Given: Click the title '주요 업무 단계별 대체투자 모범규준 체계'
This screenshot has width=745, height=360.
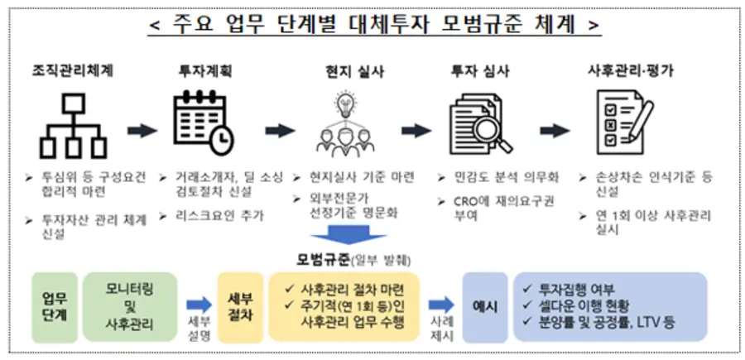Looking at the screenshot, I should [372, 24].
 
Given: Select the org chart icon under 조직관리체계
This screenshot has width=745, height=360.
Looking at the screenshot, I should [73, 127].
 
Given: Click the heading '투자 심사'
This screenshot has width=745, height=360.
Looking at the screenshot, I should [481, 70].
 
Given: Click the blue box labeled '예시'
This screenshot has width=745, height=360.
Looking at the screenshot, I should [483, 306].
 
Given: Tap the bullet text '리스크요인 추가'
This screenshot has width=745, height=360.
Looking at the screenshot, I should [224, 216].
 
